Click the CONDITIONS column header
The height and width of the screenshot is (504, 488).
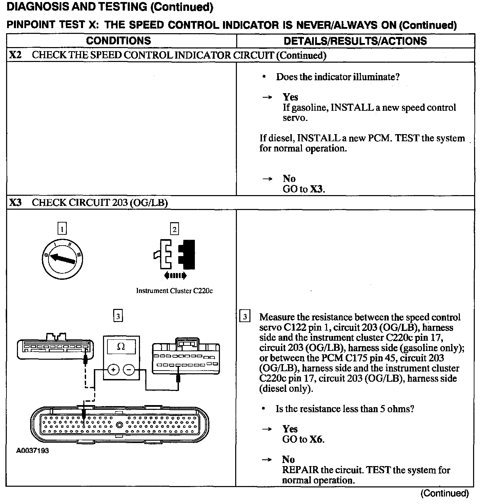point(118,41)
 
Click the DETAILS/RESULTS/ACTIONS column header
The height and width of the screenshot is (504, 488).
point(355,41)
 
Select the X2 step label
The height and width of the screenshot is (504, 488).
point(15,55)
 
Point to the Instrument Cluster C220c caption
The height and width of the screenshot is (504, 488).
point(174,291)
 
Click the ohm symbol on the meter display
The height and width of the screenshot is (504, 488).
point(121,346)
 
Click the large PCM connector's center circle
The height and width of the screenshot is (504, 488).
point(119,425)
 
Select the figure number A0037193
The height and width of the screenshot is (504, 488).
point(33,451)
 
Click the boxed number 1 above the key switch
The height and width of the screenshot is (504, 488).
point(62,229)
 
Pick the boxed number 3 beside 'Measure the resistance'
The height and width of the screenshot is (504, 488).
point(245,317)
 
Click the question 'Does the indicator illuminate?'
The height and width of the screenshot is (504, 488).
point(338,77)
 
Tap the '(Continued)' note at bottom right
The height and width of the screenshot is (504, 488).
point(444,493)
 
